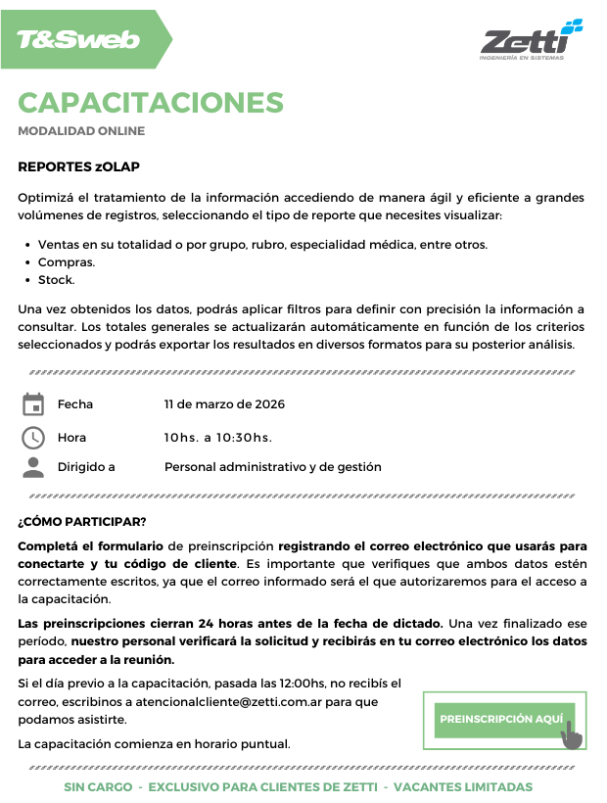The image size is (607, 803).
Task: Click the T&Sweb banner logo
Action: tap(78, 40)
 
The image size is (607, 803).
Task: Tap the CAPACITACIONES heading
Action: tap(151, 102)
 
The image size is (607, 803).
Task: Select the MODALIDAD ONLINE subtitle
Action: tap(81, 131)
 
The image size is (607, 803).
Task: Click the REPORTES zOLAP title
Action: tap(78, 166)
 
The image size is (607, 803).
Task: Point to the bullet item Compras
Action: tap(67, 262)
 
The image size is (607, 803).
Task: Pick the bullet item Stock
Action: tap(56, 280)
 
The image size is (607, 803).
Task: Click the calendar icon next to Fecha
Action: tap(33, 404)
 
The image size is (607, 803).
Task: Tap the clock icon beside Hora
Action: tap(33, 437)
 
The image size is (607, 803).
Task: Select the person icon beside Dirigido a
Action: tap(33, 467)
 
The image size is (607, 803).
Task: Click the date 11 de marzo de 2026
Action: tap(224, 404)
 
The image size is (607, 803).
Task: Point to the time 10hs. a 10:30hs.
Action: tap(218, 438)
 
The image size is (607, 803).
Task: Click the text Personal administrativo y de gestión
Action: tap(272, 467)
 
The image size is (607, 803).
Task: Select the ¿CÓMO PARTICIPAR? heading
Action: tap(82, 521)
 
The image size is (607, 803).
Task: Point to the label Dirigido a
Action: tap(86, 467)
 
